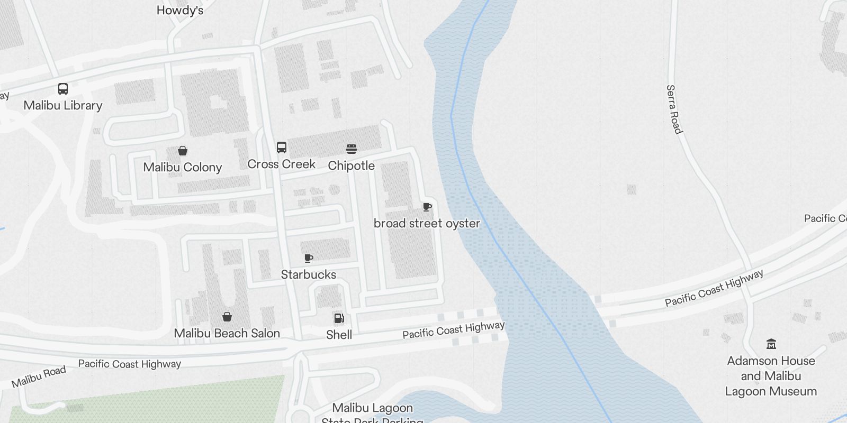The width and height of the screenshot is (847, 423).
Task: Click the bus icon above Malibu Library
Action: [62, 89]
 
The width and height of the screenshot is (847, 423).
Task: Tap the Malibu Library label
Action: [63, 105]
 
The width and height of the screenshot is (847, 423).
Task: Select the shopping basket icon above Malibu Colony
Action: [183, 151]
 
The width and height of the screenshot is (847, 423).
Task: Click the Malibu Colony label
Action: [183, 167]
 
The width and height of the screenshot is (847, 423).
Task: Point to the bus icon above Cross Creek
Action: [282, 148]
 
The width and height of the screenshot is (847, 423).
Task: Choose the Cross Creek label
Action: [282, 164]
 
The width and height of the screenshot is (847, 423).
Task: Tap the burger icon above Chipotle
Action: [352, 149]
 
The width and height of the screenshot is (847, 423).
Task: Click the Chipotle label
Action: [352, 165]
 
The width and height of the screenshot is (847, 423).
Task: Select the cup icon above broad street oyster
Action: [427, 207]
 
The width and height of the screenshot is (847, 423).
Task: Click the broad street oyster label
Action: [427, 223]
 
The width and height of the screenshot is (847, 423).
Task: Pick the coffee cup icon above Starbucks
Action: [309, 258]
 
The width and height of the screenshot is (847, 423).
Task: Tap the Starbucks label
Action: [309, 274]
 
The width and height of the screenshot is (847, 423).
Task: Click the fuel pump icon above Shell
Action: [339, 318]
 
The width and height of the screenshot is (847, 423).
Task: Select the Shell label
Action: [339, 335]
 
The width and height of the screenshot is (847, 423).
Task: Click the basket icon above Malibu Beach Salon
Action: [227, 317]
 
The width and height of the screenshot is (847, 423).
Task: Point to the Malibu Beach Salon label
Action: [227, 333]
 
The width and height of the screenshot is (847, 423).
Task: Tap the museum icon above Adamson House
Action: [771, 344]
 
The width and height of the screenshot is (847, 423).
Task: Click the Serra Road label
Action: [674, 109]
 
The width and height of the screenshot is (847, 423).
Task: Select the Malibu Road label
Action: [39, 376]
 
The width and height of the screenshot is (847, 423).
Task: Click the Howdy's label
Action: [180, 10]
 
